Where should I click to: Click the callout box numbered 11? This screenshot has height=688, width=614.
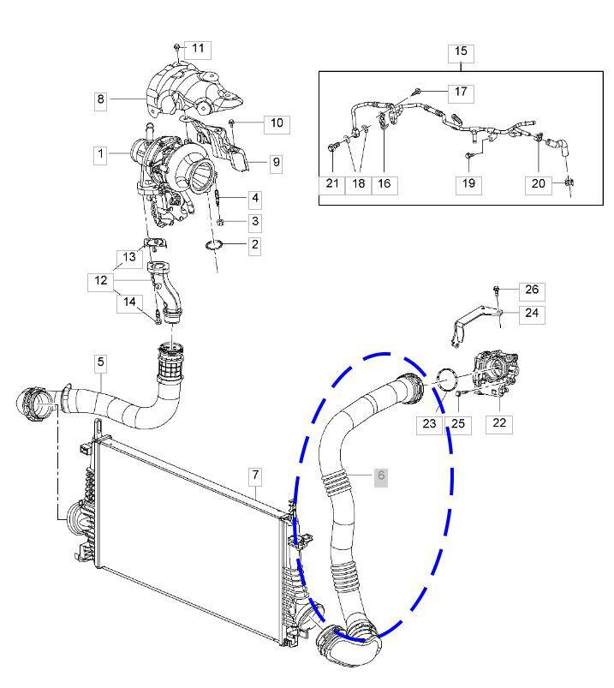(x=198, y=49)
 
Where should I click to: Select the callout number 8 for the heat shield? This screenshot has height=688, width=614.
(x=101, y=100)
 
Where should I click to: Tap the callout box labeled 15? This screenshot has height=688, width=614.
(x=461, y=52)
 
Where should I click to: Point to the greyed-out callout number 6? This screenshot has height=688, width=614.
(x=381, y=476)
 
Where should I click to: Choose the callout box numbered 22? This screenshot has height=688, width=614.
(x=499, y=422)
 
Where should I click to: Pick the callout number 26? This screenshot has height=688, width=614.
(x=532, y=290)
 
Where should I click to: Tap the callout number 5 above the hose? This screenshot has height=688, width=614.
(x=101, y=363)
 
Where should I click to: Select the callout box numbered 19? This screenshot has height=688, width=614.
(x=468, y=183)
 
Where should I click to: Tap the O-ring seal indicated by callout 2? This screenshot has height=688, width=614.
(x=216, y=248)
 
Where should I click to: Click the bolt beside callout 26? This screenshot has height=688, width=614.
(x=497, y=289)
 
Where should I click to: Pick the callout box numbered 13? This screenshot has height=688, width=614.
(x=128, y=257)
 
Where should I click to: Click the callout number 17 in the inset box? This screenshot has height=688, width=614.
(x=460, y=91)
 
